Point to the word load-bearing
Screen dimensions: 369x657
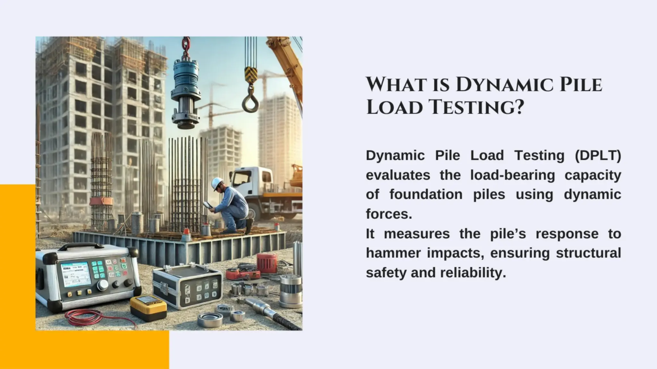coord(512,175)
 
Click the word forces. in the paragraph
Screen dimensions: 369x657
coord(389,214)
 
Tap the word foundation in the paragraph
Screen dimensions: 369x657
coord(426,195)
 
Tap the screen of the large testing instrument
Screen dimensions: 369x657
coord(76,273)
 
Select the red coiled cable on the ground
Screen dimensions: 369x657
coord(87,319)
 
